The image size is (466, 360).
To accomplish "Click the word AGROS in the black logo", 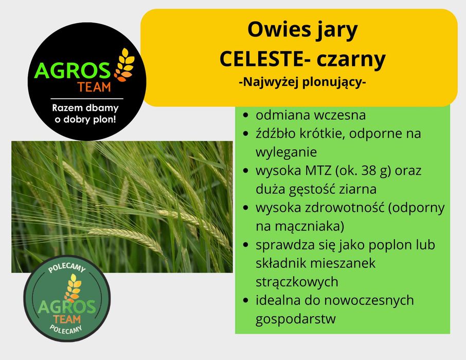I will [x=73, y=70].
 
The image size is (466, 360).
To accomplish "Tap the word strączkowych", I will [x=297, y=281].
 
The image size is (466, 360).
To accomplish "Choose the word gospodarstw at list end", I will [x=295, y=319].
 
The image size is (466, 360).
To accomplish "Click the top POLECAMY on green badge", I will [x=66, y=269].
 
